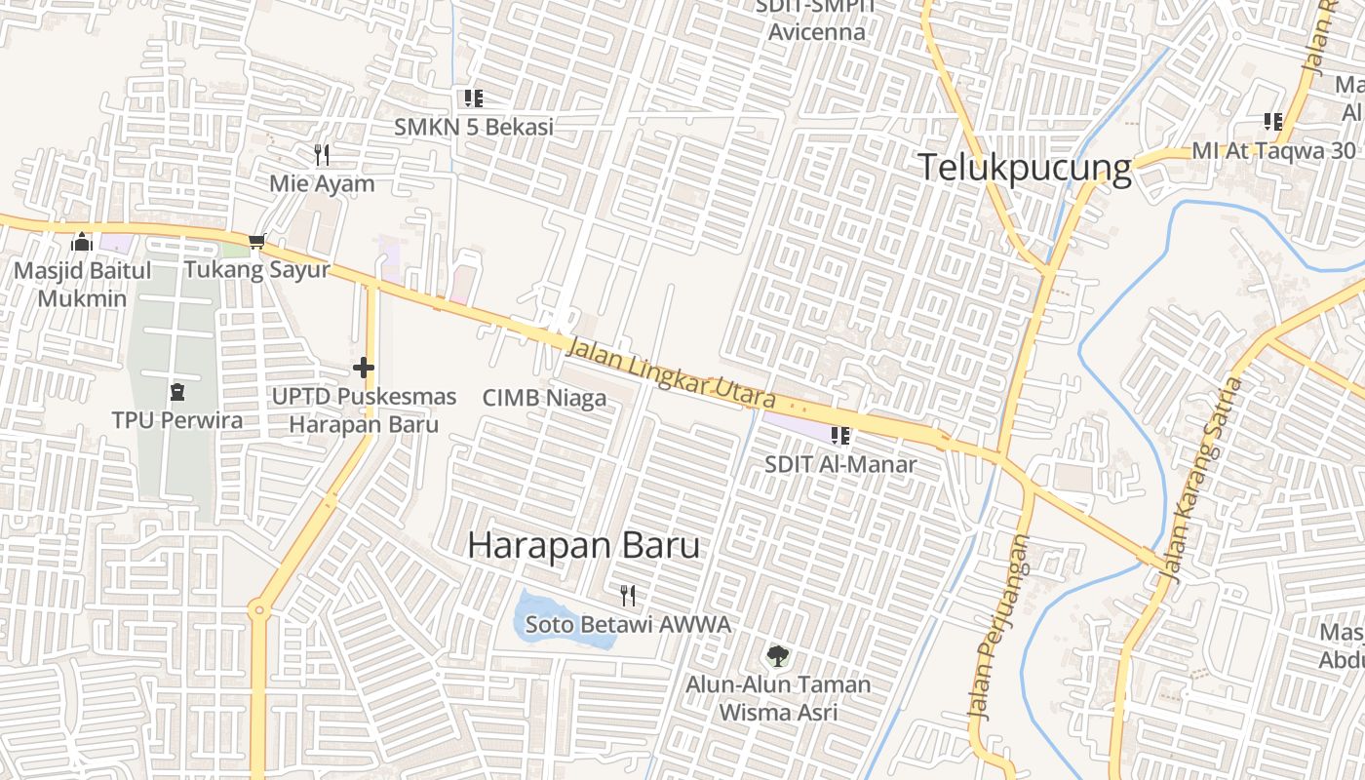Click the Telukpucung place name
click(1024, 169)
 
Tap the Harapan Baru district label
click(583, 545)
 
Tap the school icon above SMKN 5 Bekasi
click(474, 97)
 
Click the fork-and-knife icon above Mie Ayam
click(322, 154)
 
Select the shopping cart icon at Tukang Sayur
click(257, 241)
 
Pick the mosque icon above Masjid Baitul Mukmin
click(82, 241)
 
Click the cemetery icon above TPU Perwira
click(177, 392)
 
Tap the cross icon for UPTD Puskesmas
click(364, 368)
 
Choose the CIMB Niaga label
click(544, 398)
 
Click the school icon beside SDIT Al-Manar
click(839, 436)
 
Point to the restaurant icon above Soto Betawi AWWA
click(628, 595)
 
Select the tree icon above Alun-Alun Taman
click(777, 655)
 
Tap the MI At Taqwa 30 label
click(1273, 151)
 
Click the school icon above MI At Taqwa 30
click(1273, 121)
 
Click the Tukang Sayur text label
click(257, 270)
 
